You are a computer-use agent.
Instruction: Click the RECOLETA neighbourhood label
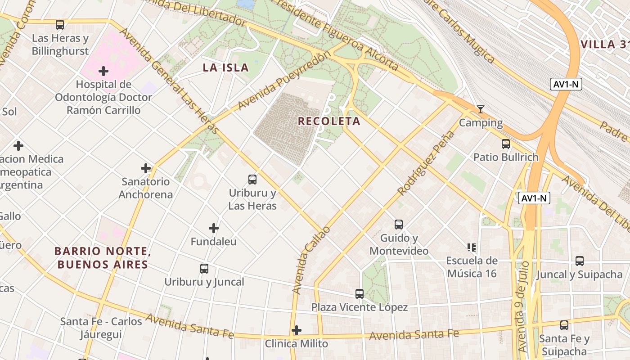pos(329,121)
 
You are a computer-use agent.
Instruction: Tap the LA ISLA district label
pos(225,67)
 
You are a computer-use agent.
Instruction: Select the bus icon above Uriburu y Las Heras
pos(252,180)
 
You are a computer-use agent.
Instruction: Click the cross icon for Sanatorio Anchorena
pos(146,168)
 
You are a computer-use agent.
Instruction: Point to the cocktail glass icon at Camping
pos(481,109)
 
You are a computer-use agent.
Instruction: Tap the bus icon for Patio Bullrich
pos(506,144)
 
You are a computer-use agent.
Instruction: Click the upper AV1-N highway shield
pos(566,84)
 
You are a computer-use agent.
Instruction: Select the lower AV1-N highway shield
pos(534,198)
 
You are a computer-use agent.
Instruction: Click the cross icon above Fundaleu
pos(214,228)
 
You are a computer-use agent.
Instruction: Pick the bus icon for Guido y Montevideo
pos(399,225)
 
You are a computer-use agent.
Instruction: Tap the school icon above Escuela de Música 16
pos(472,247)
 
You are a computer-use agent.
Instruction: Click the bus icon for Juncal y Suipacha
pos(580,261)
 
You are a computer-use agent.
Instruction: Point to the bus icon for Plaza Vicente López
pos(360,294)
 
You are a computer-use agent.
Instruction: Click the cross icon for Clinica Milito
pos(296,330)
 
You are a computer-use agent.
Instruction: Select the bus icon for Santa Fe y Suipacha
pos(564,325)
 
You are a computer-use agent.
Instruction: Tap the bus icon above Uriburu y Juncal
pos(204,269)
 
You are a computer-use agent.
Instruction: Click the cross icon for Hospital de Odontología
pos(103,71)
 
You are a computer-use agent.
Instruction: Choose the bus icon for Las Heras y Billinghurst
pos(60,25)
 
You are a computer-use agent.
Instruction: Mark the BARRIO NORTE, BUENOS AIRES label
pos(101,258)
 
